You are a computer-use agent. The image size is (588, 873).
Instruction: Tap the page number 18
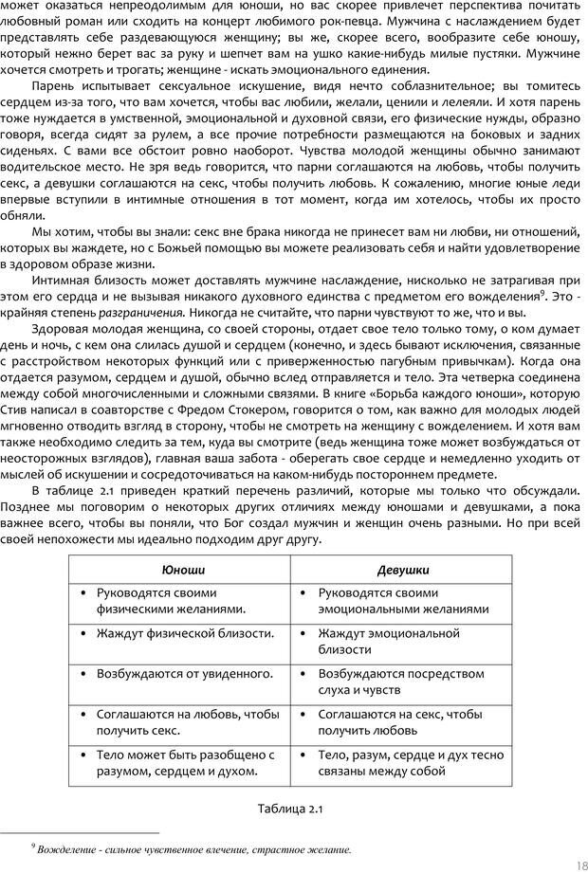click(578, 864)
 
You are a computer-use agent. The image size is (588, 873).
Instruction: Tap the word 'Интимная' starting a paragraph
click(62, 282)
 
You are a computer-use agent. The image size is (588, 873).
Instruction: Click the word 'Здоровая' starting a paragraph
click(62, 330)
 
